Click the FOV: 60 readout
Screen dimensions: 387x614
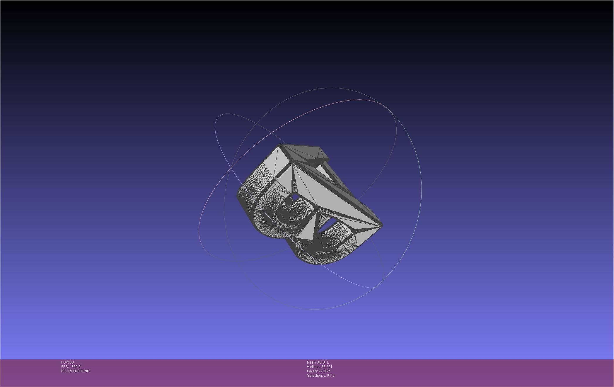[x=67, y=362]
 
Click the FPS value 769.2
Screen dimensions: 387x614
[x=76, y=367]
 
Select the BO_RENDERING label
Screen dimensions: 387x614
[x=75, y=371]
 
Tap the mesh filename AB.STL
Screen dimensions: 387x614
[x=323, y=362]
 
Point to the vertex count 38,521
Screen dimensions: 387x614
[x=327, y=367]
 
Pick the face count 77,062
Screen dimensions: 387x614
[x=324, y=371]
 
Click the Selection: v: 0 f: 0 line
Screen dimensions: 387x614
[x=320, y=376]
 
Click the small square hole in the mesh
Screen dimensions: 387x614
[x=295, y=197]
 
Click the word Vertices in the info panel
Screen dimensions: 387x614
[x=313, y=367]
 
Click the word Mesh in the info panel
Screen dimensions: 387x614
[x=311, y=362]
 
